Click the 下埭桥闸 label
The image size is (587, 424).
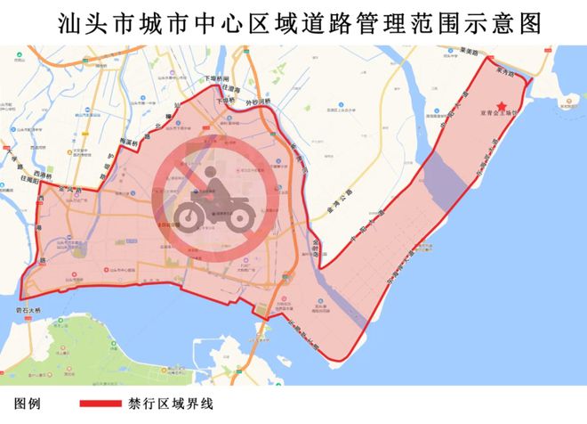[217, 79]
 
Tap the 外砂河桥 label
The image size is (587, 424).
[257, 102]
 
